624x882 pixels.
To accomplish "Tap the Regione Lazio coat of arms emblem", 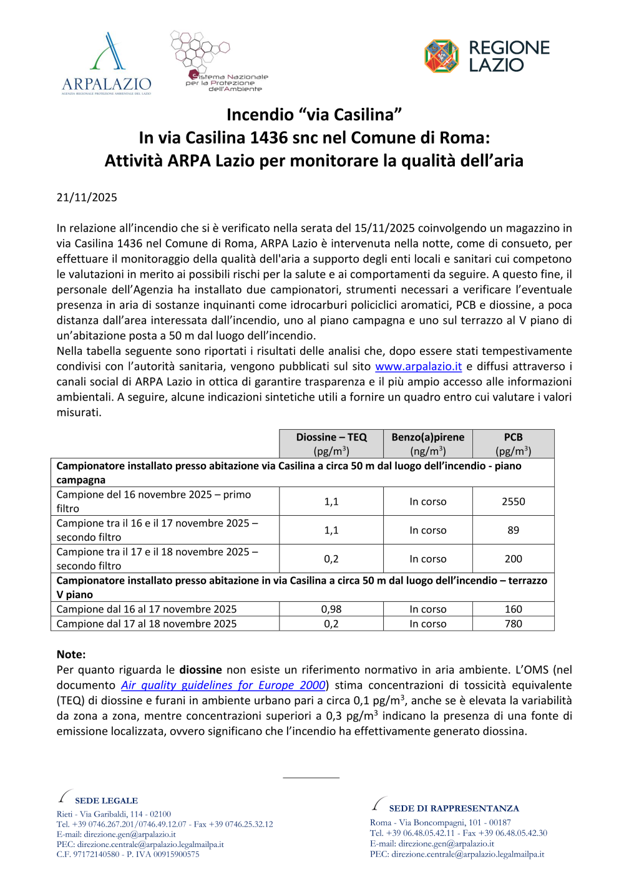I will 441,56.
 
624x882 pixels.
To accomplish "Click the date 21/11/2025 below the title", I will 87,197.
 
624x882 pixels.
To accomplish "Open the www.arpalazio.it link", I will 418,366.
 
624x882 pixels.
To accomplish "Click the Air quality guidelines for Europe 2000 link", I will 223,685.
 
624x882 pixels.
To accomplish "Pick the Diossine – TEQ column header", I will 331,443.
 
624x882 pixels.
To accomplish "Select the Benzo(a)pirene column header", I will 428,443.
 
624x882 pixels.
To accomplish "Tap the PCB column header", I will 514,443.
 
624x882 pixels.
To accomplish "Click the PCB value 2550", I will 514,502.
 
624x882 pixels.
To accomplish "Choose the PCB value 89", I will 514,530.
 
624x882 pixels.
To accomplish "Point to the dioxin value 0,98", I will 331,609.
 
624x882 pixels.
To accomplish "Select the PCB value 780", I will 514,623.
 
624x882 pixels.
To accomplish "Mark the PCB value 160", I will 514,609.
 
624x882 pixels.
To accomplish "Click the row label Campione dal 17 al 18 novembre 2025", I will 147,623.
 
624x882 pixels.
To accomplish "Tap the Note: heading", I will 71,654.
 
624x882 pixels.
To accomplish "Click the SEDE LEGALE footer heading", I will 106,800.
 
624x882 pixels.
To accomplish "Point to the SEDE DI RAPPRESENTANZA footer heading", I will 454,808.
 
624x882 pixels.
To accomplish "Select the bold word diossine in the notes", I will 200,670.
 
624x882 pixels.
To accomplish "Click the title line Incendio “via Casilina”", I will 314,115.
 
